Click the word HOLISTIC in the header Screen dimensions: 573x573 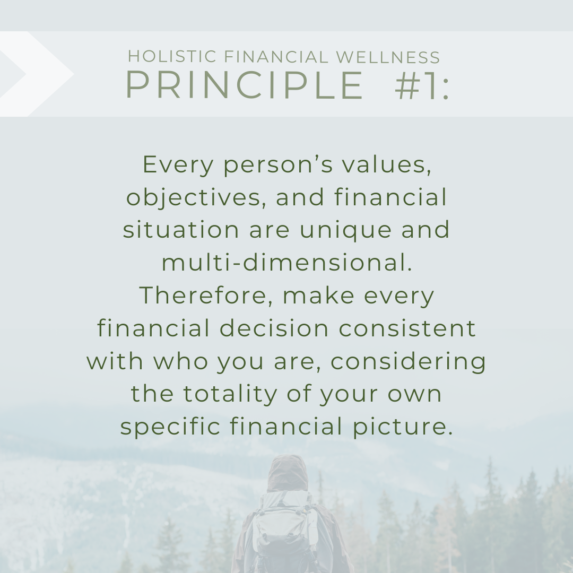click(x=172, y=57)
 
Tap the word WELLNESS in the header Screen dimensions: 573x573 click(x=388, y=57)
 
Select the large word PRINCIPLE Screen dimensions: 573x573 click(x=244, y=85)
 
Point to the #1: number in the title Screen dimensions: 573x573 click(x=422, y=85)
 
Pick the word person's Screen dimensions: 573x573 click(x=278, y=166)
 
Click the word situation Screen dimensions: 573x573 click(x=181, y=230)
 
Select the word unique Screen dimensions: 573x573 click(x=346, y=231)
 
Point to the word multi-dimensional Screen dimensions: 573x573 click(x=287, y=263)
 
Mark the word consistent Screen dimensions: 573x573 click(x=407, y=328)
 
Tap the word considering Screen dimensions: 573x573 click(x=408, y=361)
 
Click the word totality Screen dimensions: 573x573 click(x=230, y=394)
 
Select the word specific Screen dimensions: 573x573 click(x=170, y=427)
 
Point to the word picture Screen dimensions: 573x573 click(x=403, y=427)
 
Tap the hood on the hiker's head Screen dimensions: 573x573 click(x=288, y=473)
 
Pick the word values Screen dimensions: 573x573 click(x=387, y=165)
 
